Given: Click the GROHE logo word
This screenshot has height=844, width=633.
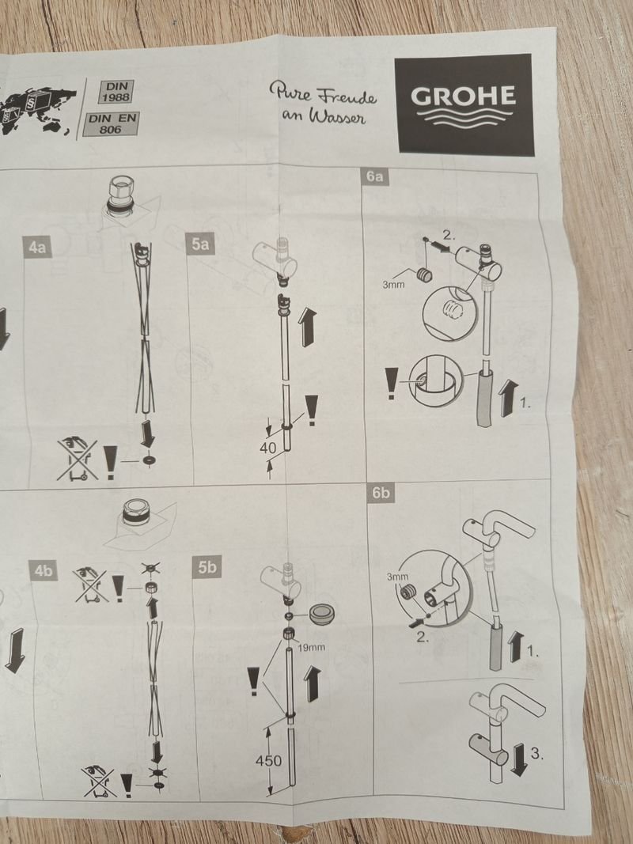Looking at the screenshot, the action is pyautogui.click(x=464, y=96).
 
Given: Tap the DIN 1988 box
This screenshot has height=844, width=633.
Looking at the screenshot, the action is pyautogui.click(x=116, y=92).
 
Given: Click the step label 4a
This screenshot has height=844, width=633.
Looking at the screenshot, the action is pyautogui.click(x=37, y=247).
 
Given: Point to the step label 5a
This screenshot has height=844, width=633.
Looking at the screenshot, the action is pyautogui.click(x=200, y=244).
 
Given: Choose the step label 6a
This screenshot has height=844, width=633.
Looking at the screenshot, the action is pyautogui.click(x=374, y=176).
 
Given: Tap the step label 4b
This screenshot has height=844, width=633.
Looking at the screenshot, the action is pyautogui.click(x=43, y=570).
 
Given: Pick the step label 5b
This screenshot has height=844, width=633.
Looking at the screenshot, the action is pyautogui.click(x=207, y=566).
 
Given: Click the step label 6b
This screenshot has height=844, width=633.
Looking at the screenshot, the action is pyautogui.click(x=381, y=493).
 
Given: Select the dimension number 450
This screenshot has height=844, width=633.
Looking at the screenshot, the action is pyautogui.click(x=268, y=761).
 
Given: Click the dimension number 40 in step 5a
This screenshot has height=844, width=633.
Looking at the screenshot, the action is pyautogui.click(x=267, y=448).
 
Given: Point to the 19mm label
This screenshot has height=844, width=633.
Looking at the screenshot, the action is pyautogui.click(x=312, y=647).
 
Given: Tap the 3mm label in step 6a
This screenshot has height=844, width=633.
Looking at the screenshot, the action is pyautogui.click(x=393, y=284).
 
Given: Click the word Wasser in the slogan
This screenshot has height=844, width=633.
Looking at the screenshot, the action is pyautogui.click(x=337, y=117).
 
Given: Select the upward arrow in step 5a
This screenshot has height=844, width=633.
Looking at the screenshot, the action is pyautogui.click(x=307, y=326).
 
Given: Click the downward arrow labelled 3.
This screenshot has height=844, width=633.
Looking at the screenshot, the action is pyautogui.click(x=520, y=759).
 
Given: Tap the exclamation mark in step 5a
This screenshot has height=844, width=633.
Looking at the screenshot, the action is pyautogui.click(x=311, y=411).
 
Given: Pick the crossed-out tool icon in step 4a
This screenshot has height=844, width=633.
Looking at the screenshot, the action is pyautogui.click(x=78, y=459).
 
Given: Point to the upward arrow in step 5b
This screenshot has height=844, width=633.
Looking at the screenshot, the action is pyautogui.click(x=312, y=683).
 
